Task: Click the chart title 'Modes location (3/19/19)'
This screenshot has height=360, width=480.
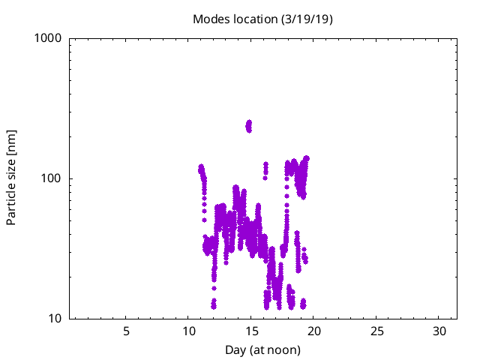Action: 262,19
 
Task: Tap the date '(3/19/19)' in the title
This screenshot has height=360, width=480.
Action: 307,19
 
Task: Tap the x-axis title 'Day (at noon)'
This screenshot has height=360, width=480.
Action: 262,349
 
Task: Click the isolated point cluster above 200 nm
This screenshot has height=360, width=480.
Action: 249,125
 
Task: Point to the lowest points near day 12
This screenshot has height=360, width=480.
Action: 214,304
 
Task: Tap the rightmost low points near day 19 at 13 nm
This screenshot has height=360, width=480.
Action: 303,304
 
